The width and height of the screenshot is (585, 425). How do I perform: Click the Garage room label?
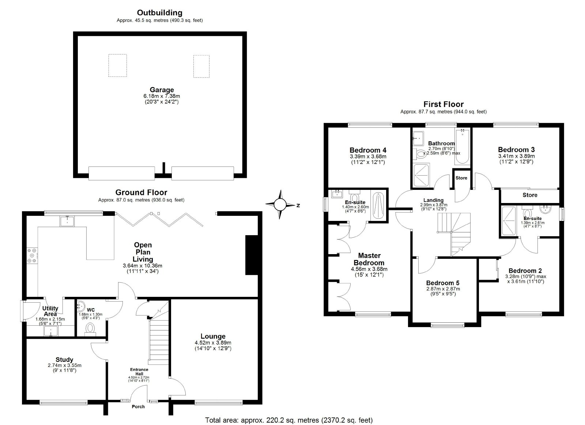tap(162, 90)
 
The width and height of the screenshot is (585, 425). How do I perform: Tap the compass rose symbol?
tap(280, 204)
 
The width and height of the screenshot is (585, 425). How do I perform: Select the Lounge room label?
tap(213, 336)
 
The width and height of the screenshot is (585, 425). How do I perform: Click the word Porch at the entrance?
tap(138, 406)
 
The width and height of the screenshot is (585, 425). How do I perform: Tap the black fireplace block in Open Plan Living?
tap(252, 255)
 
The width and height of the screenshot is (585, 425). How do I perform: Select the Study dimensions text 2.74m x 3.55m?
tap(64, 365)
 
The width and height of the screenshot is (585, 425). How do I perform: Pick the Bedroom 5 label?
tap(443, 283)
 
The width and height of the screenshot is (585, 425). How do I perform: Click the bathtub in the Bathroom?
tap(462, 146)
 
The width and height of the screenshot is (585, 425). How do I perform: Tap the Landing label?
tap(434, 200)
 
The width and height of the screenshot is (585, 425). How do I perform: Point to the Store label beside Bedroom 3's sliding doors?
tap(530, 195)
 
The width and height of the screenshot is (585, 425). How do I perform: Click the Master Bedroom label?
tap(369, 259)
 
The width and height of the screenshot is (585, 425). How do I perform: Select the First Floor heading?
tap(444, 104)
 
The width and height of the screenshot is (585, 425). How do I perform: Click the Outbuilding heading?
tap(159, 13)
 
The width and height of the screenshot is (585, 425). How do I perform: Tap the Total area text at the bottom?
tap(289, 420)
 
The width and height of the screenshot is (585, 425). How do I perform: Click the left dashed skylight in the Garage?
tap(117, 65)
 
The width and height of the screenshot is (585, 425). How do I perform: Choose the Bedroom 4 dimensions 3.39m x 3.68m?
tap(368, 156)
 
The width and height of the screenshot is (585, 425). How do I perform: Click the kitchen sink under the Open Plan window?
tap(67, 221)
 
